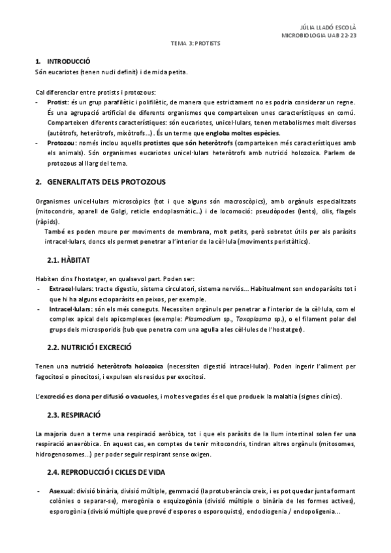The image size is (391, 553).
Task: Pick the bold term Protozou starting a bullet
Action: (63, 142)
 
